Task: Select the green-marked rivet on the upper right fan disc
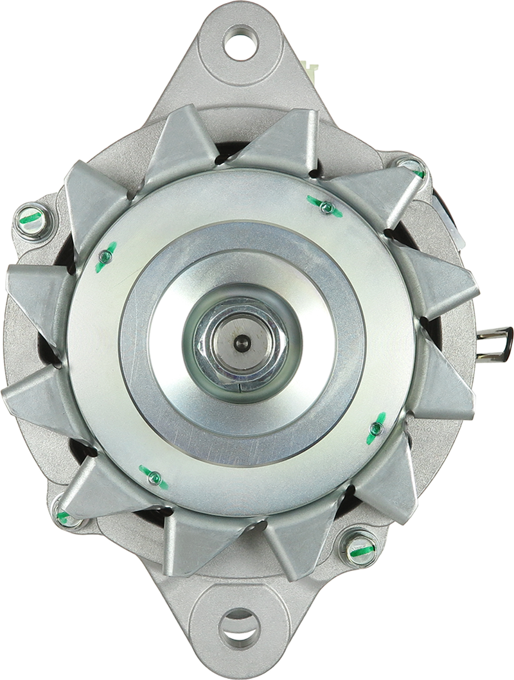tap(325, 206)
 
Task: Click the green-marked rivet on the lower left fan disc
tap(154, 477)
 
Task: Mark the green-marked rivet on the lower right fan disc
tap(376, 428)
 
